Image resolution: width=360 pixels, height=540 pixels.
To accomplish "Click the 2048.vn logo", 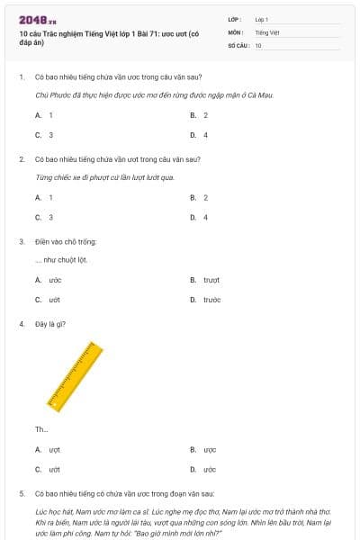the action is [37, 19].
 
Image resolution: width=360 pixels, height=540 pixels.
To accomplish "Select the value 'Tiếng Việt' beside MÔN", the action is [267, 31].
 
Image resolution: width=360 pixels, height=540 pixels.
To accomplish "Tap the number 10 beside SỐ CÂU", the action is [258, 45].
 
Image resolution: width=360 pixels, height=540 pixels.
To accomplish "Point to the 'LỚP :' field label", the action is [235, 19].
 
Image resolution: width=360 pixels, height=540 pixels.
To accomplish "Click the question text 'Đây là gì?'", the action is [49, 324].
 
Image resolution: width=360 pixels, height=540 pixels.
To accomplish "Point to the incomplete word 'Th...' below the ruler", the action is [41, 428].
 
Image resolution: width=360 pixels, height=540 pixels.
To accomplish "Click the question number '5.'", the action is [22, 494].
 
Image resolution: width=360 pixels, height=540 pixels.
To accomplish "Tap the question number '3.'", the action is [22, 241].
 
